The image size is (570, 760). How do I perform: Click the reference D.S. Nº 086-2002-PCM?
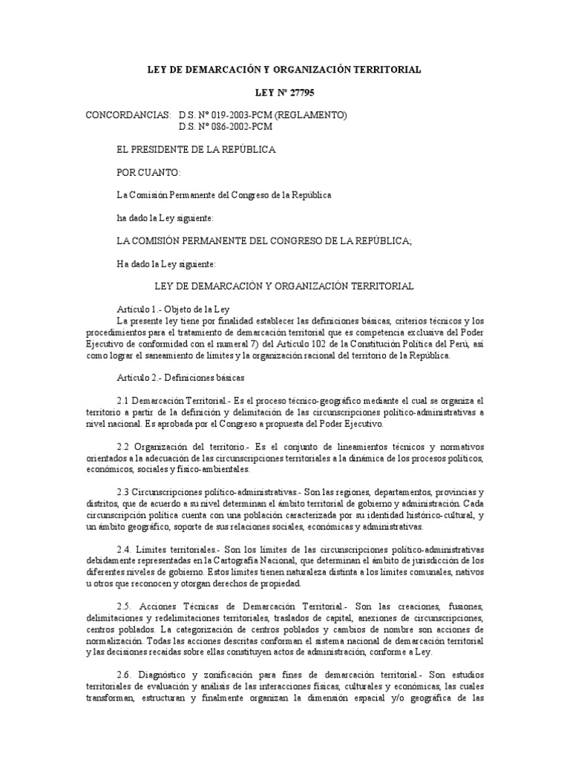coord(226,126)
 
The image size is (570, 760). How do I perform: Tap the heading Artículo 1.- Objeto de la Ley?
coord(174,307)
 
